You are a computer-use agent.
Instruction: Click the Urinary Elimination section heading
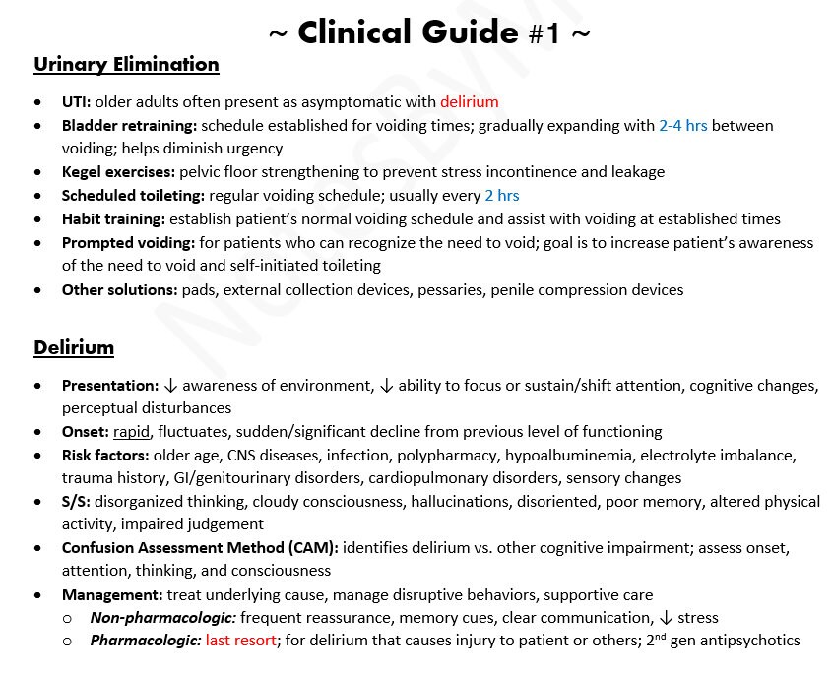126,65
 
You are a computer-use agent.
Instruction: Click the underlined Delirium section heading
74,347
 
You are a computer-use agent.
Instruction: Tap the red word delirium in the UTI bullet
469,101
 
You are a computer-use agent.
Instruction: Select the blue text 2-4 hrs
682,125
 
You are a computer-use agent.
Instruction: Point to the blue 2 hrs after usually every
501,195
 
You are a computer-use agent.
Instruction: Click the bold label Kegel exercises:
118,171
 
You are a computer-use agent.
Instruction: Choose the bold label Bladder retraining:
129,125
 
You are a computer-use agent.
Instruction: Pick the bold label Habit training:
113,218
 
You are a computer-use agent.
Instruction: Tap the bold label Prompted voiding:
127,242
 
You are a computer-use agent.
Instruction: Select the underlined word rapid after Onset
132,431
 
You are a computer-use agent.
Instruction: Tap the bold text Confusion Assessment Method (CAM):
200,548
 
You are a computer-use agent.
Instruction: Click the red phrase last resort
241,641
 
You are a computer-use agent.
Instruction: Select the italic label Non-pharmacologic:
162,618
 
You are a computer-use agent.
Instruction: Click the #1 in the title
544,34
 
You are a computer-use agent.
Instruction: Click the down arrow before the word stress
666,618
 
